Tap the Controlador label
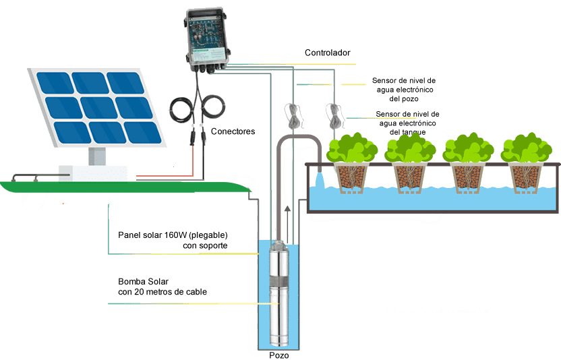click(x=328, y=53)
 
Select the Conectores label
click(x=233, y=131)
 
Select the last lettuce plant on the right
click(x=527, y=148)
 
